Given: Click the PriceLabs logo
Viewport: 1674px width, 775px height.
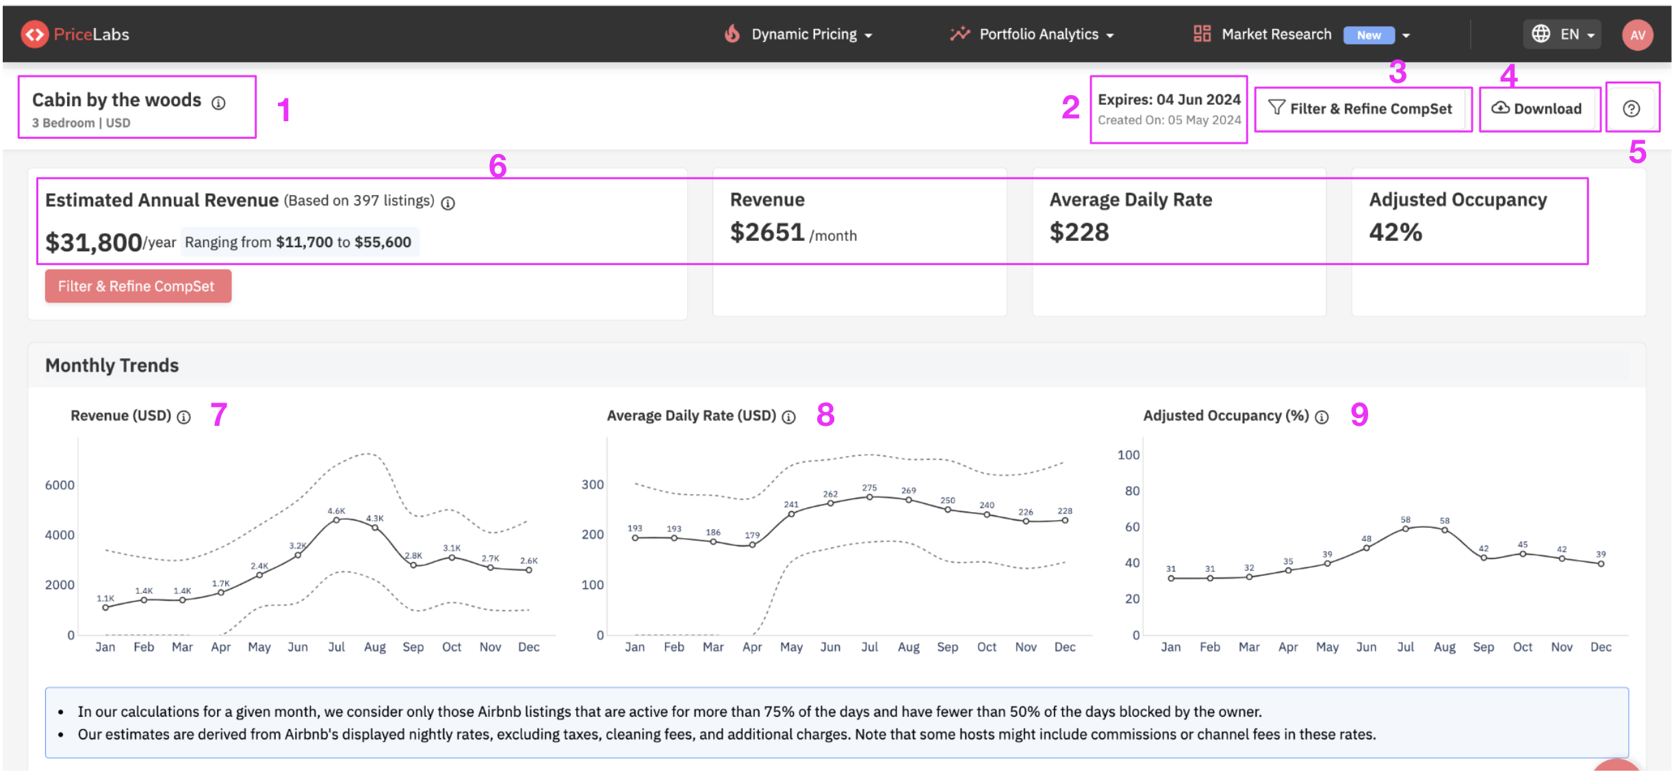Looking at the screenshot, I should pyautogui.click(x=75, y=34).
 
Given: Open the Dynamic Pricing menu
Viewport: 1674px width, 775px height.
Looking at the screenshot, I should pyautogui.click(x=798, y=34).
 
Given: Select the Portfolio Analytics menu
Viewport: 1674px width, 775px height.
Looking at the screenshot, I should pyautogui.click(x=1032, y=34).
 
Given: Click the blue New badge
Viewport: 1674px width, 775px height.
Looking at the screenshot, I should pyautogui.click(x=1369, y=36).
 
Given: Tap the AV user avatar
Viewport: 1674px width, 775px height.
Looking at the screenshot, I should pyautogui.click(x=1638, y=35).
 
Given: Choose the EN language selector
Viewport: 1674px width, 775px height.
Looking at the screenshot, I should pyautogui.click(x=1563, y=34).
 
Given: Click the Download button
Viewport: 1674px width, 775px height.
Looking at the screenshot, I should pyautogui.click(x=1538, y=109).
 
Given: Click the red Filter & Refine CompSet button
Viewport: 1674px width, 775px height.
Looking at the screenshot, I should pyautogui.click(x=138, y=286).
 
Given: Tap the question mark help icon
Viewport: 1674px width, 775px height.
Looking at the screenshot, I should pyautogui.click(x=1631, y=109).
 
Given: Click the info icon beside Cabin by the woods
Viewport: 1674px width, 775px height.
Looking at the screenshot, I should pyautogui.click(x=218, y=103).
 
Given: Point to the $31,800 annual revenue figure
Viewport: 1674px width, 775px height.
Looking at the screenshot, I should pyautogui.click(x=94, y=242).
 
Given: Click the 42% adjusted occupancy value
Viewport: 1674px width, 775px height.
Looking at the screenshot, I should pyautogui.click(x=1395, y=233).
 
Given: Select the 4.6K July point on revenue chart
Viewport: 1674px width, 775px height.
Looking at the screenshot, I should pyautogui.click(x=336, y=520).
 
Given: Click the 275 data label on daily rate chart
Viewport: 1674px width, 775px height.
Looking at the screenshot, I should pyautogui.click(x=869, y=487).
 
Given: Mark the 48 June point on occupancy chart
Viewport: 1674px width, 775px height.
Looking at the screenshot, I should pyautogui.click(x=1366, y=548).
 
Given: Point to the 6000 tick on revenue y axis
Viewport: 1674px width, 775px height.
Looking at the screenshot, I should pyautogui.click(x=60, y=485).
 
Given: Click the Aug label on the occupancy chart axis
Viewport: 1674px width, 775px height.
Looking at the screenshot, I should pyautogui.click(x=1445, y=647).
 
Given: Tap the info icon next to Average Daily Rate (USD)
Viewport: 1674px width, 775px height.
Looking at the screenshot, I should pyautogui.click(x=788, y=417).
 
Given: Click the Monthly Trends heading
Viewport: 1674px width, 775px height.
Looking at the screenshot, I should pyautogui.click(x=112, y=366).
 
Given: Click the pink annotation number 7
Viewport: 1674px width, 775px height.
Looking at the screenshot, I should pyautogui.click(x=218, y=415).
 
